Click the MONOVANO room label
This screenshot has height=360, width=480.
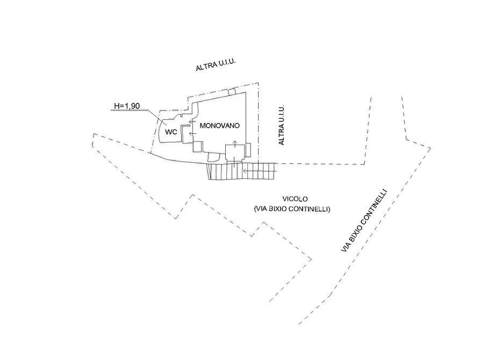point(219,126)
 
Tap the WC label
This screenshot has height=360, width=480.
point(171,132)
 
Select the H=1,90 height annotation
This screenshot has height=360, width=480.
point(127,106)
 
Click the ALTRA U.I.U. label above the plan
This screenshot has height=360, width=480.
point(216,64)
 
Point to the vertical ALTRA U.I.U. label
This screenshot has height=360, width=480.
point(281,125)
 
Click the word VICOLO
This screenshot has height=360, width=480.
point(295,199)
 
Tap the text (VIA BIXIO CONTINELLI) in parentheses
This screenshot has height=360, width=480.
point(292,209)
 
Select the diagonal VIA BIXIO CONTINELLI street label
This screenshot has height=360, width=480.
point(364,221)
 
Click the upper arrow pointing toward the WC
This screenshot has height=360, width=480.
point(192,122)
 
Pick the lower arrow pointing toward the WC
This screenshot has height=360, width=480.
point(192,133)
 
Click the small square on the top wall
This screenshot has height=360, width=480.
point(232,91)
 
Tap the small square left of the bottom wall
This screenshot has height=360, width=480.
point(198,147)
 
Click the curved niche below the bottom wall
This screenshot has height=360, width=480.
point(213,157)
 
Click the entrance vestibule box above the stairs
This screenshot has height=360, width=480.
point(235,152)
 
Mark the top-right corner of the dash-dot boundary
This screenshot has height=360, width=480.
point(258,83)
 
